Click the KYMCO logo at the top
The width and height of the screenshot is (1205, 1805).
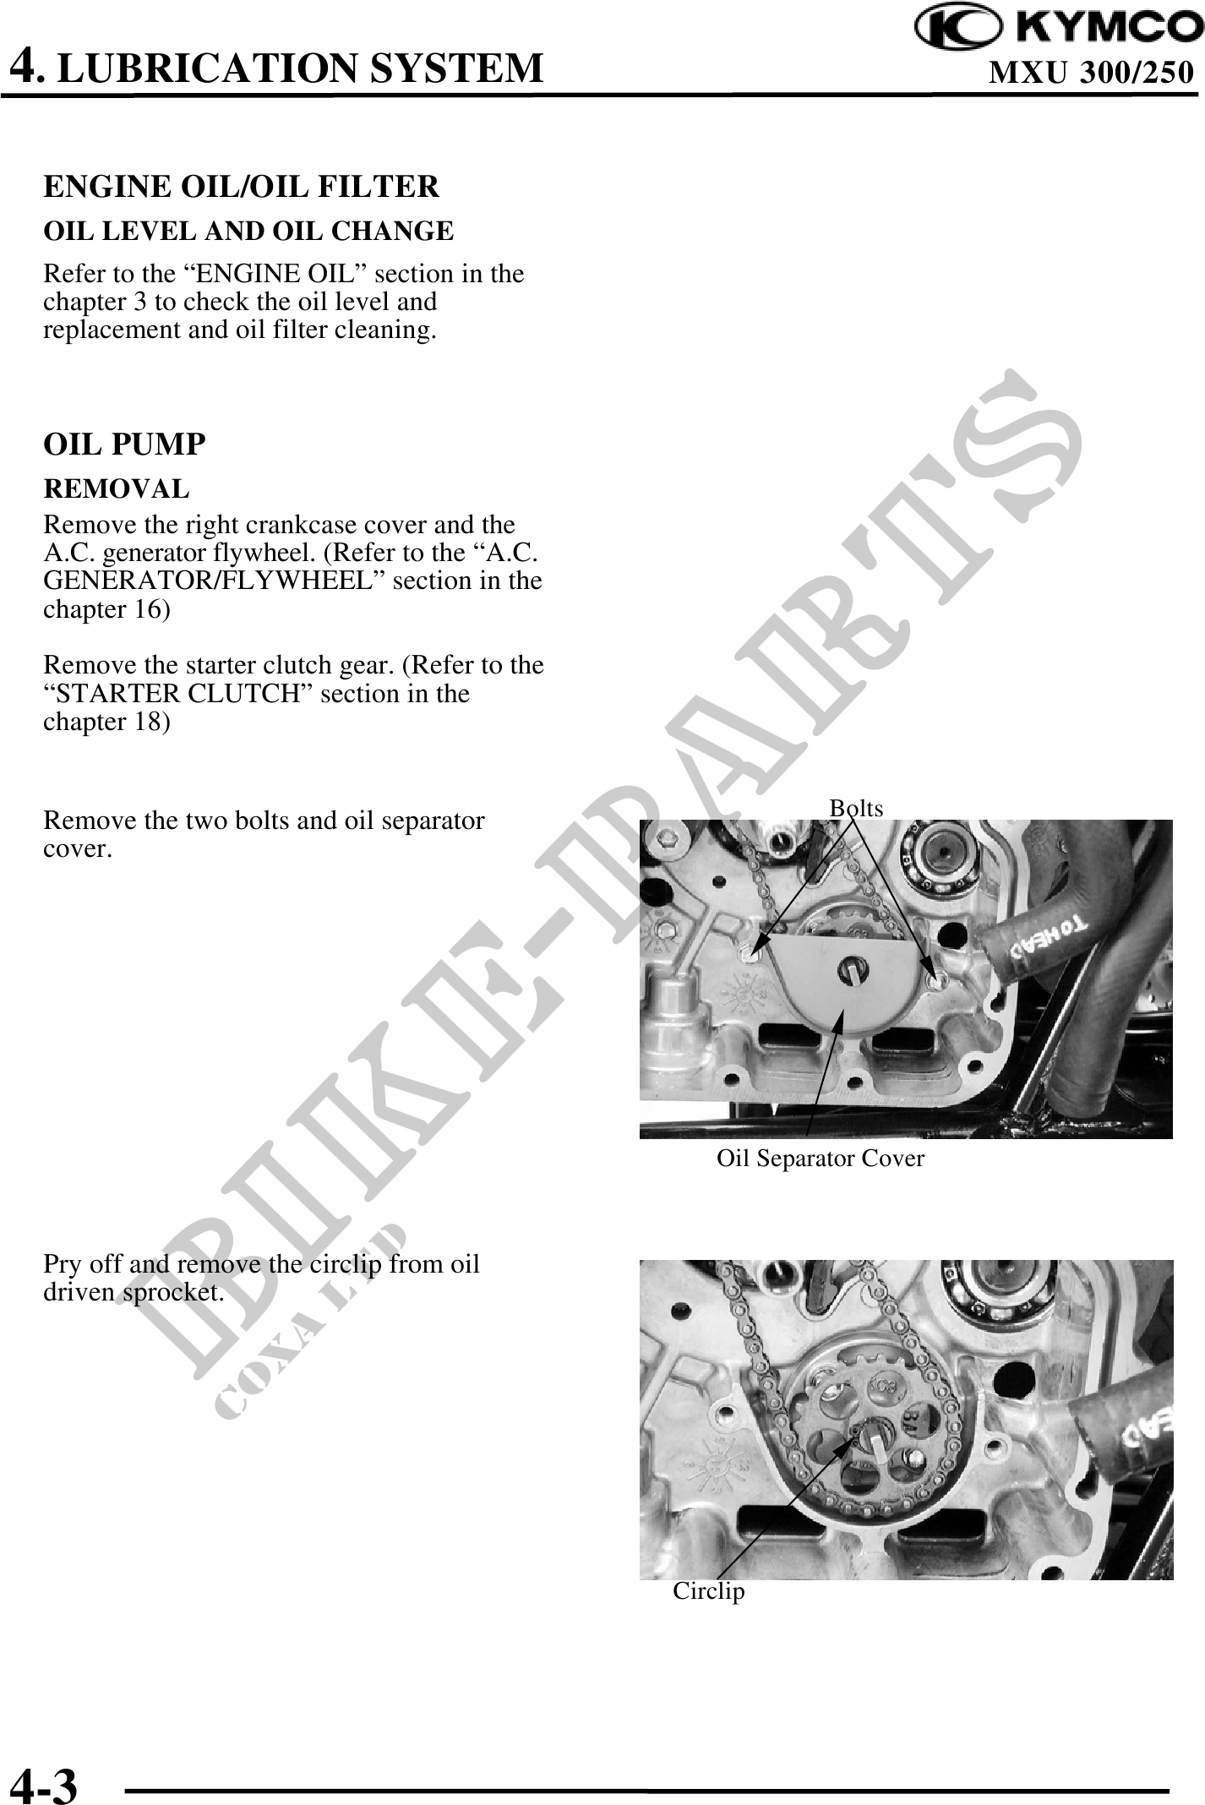coord(1060,29)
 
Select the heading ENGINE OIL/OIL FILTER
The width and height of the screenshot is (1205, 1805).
coord(241,187)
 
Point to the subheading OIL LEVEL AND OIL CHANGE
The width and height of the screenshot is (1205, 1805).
coord(248,231)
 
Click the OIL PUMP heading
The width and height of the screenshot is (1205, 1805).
coord(124,444)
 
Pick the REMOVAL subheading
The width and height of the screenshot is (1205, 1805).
coord(117,488)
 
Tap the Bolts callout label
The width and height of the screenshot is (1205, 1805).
coord(856,809)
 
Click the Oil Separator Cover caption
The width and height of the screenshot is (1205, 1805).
coord(821,1159)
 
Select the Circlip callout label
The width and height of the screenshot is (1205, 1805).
coord(709,1591)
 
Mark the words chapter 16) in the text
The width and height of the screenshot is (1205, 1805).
coord(106,610)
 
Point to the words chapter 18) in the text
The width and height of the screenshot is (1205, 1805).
coord(106,723)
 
